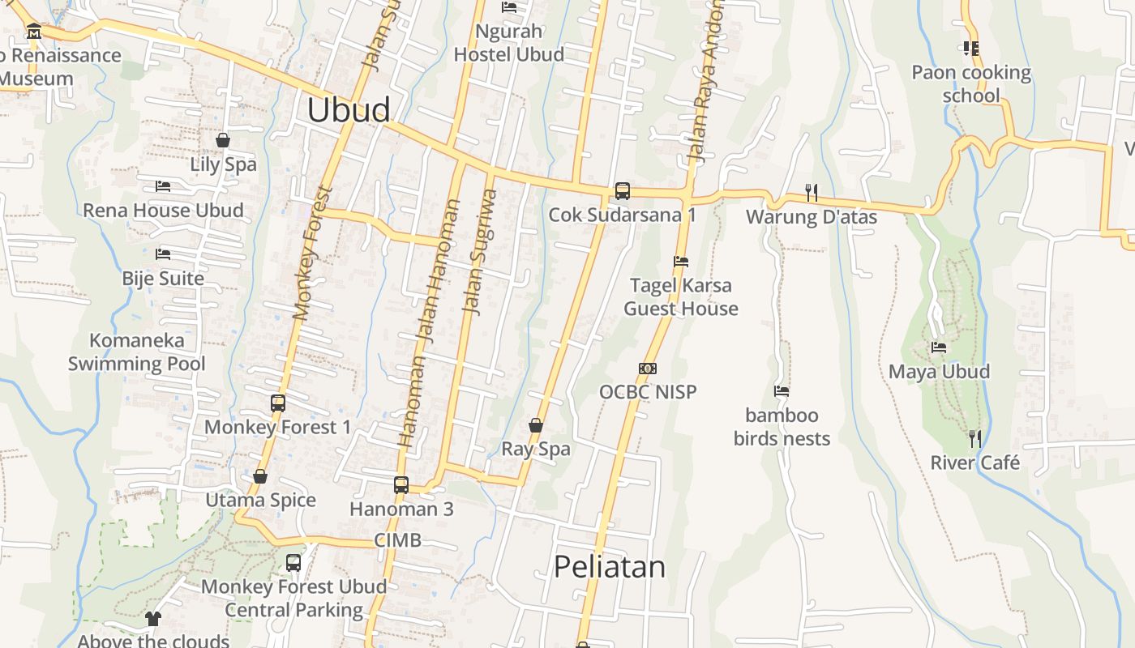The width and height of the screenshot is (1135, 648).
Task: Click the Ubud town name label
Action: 349,110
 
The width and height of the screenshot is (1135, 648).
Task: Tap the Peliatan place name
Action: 609,567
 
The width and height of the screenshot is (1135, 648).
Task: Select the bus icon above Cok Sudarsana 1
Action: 622,191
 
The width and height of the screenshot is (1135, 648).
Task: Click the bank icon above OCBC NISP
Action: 647,369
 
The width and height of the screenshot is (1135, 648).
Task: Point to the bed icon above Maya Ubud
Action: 939,347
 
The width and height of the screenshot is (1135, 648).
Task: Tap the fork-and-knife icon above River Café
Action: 974,439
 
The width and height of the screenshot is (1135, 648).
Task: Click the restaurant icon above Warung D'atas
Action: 811,193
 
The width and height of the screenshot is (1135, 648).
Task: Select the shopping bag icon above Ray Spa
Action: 535,425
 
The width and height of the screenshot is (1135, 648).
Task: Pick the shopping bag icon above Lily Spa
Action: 223,141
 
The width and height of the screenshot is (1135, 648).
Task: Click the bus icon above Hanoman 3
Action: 401,485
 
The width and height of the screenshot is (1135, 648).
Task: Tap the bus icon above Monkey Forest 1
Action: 278,403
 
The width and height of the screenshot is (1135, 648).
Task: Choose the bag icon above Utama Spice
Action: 260,476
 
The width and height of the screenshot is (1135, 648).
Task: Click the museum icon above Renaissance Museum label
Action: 34,32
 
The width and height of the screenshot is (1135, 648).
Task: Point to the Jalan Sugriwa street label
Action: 478,251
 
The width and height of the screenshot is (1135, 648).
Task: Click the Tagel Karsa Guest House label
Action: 681,297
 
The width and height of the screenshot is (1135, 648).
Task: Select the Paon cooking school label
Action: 971,84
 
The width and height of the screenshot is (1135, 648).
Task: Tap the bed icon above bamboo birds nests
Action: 782,391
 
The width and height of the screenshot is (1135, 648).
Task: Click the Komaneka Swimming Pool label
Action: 137,352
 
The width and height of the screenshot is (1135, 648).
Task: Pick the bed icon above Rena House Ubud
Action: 162,186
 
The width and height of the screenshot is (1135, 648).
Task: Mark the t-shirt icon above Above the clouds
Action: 152,620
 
